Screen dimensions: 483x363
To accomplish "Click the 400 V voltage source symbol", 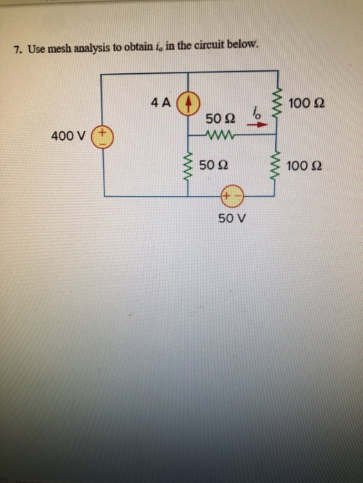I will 104,135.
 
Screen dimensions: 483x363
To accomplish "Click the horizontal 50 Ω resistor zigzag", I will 222,135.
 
